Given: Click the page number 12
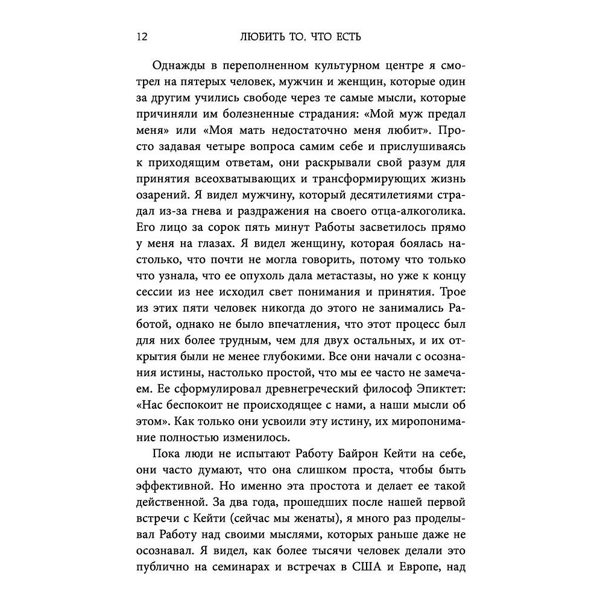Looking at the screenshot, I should tap(142, 37).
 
